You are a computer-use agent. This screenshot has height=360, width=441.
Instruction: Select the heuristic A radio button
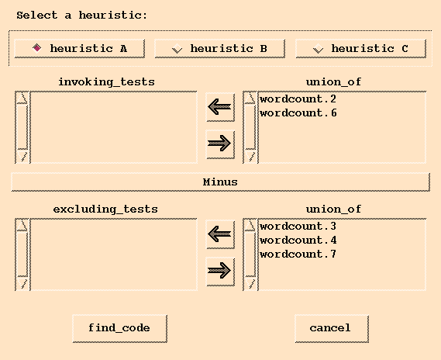tap(37, 48)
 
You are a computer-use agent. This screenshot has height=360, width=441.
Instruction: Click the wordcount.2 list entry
tap(298, 99)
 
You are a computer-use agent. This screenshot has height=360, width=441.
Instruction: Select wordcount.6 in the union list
tap(298, 112)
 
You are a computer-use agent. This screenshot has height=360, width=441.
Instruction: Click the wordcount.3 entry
tap(298, 226)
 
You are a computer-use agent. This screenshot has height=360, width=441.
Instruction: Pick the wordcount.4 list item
tap(298, 240)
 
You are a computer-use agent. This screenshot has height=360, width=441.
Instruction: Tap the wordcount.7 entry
tap(298, 254)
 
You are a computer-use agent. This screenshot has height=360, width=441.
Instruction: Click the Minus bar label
tap(220, 182)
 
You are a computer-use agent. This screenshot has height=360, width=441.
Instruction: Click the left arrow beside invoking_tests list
tap(220, 107)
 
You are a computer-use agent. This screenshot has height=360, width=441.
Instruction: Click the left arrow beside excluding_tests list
tap(220, 234)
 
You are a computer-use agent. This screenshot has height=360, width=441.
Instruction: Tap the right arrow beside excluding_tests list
tap(220, 271)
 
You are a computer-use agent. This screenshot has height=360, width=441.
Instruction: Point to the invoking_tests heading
tap(107, 82)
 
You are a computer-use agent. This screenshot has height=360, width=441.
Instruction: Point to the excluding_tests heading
tap(105, 209)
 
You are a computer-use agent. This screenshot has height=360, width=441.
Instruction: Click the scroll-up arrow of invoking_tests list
tap(22, 98)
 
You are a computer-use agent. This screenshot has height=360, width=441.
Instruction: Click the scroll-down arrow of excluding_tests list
tap(22, 283)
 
